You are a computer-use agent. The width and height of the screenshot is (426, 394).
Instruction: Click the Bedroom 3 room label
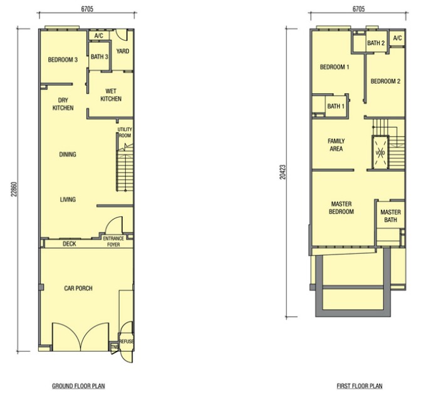click(x=63, y=59)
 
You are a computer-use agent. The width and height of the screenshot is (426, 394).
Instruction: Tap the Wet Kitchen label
click(x=111, y=95)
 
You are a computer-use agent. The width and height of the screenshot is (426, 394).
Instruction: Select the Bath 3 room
click(x=100, y=57)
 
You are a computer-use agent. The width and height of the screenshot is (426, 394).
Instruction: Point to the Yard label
click(x=123, y=51)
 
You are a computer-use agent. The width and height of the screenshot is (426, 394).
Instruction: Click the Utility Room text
click(x=125, y=133)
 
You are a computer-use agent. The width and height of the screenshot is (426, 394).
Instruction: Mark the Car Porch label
click(x=78, y=288)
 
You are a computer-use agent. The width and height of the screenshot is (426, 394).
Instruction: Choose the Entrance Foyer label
click(x=113, y=241)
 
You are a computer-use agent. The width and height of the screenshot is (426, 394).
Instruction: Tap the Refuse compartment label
click(x=127, y=341)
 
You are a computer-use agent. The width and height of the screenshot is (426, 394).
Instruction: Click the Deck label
click(x=70, y=244)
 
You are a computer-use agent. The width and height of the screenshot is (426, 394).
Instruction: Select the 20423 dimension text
click(x=283, y=172)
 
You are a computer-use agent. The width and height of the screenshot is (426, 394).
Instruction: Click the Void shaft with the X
click(x=380, y=153)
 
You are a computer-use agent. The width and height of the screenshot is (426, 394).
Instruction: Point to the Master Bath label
click(x=390, y=216)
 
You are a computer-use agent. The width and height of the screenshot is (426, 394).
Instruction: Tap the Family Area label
click(x=336, y=145)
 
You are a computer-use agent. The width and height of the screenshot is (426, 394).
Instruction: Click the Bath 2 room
click(x=376, y=43)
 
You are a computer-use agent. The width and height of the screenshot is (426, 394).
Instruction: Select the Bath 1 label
click(x=336, y=106)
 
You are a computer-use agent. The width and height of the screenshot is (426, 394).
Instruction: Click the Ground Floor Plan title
click(x=78, y=386)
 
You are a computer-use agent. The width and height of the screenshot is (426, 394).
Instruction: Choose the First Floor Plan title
click(x=360, y=386)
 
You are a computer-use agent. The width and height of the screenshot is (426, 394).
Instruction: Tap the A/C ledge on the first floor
click(x=397, y=38)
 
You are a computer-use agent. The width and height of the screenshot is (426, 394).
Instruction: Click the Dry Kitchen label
click(x=63, y=104)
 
